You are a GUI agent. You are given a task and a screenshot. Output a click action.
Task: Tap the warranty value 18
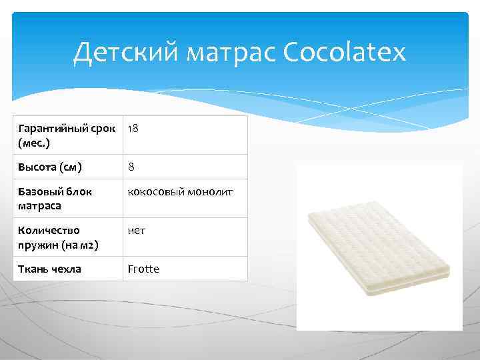(133, 127)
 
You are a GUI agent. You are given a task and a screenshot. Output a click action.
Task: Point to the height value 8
(131, 167)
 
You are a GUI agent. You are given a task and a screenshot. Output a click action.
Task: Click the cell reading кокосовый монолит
(180, 192)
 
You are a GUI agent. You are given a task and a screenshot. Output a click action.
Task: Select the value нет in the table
(137, 231)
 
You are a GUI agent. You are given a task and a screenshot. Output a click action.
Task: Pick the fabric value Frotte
(143, 269)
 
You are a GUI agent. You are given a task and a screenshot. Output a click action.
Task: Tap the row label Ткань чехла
(50, 269)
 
